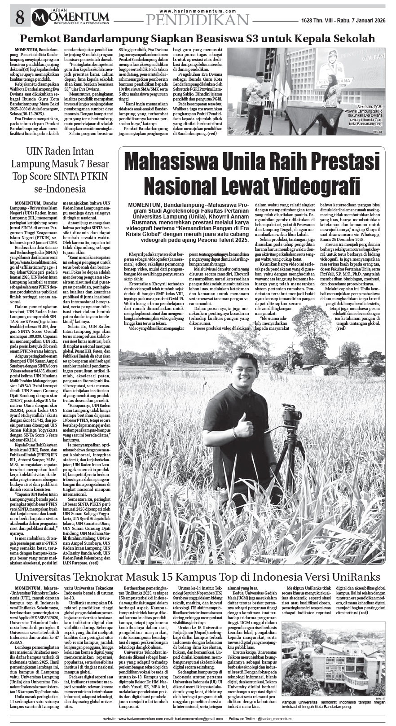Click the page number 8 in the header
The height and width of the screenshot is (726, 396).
pyautogui.click(x=19, y=18)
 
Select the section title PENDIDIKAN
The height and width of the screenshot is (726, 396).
pyautogui.click(x=198, y=20)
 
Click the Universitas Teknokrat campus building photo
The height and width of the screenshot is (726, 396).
pyautogui.click(x=333, y=657)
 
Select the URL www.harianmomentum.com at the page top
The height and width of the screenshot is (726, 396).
pyautogui.click(x=198, y=11)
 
